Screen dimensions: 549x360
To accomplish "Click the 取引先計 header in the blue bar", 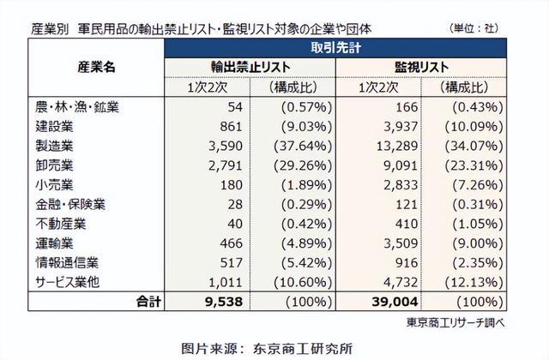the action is point(335,48).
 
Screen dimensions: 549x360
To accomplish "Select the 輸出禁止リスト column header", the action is point(250,67).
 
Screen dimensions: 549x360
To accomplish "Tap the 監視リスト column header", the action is point(421,67).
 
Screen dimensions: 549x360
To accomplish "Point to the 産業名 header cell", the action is point(96,67).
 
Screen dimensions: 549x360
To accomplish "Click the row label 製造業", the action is point(54,146).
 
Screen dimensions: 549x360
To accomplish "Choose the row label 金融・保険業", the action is point(70,204).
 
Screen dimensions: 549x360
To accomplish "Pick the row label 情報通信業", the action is point(67,263).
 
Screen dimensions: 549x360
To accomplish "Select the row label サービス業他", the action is point(67,282).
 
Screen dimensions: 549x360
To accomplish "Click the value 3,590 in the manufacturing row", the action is point(226,146).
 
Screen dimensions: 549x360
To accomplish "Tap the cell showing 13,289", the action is point(397,146).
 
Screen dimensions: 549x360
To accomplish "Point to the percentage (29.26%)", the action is point(303,165).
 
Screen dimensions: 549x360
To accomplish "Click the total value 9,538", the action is point(224,302).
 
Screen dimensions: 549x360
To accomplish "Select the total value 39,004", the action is point(395,302).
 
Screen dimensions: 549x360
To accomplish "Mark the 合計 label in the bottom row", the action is point(148,302).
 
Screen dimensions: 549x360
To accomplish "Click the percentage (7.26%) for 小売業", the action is point(478,185).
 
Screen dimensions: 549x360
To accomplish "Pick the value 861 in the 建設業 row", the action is point(231,126).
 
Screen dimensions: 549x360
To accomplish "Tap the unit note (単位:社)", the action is point(474,28).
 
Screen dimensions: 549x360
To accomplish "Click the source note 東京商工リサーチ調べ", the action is point(455,322).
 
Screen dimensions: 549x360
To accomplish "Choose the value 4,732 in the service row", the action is point(401,282).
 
